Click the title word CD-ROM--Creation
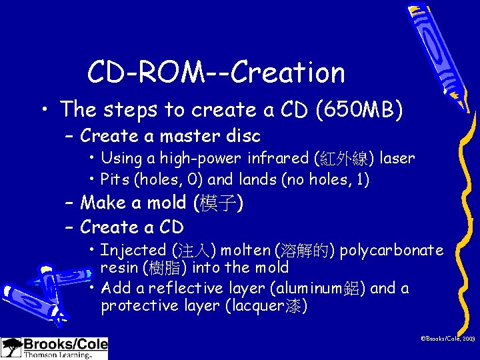click(216, 72)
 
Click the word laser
click(397, 159)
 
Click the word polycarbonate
click(391, 251)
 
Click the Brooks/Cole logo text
click(65, 345)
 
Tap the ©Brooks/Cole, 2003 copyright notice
click(447, 339)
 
